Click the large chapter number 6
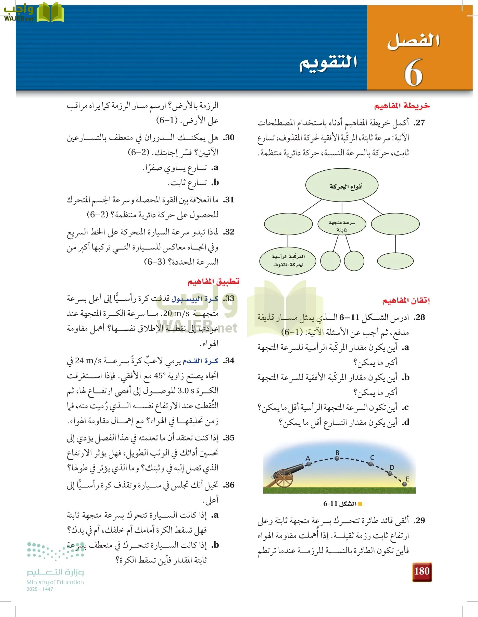click(413, 73)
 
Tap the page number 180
click(422, 571)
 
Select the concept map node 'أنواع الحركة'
click(342, 186)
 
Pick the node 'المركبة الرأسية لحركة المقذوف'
click(288, 261)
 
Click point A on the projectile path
click(309, 464)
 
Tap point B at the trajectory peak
click(337, 458)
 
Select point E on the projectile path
click(405, 484)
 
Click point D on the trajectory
click(390, 473)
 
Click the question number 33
click(229, 298)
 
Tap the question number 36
click(229, 485)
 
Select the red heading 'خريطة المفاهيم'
click(402, 106)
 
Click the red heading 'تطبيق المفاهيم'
click(213, 281)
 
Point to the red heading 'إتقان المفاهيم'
click(406, 301)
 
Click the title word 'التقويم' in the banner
click(328, 63)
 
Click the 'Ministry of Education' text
click(55, 582)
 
